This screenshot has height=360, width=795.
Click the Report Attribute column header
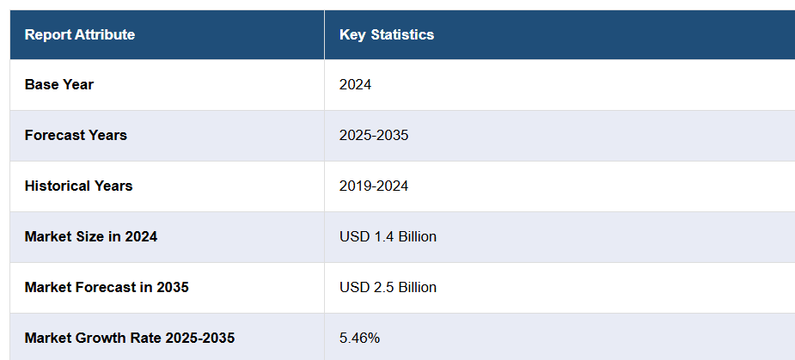pyautogui.click(x=80, y=35)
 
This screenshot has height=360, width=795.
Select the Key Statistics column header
pyautogui.click(x=387, y=35)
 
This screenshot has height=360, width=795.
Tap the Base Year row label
pyautogui.click(x=59, y=85)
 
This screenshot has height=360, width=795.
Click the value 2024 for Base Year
pyautogui.click(x=355, y=85)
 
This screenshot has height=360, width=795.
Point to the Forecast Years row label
pyautogui.click(x=76, y=136)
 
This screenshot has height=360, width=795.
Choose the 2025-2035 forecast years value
pyautogui.click(x=374, y=136)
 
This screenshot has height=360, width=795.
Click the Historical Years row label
pyautogui.click(x=78, y=186)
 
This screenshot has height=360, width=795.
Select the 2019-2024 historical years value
pyautogui.click(x=374, y=186)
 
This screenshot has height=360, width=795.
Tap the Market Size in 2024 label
pyautogui.click(x=91, y=237)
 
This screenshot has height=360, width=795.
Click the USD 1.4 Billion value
pyautogui.click(x=388, y=237)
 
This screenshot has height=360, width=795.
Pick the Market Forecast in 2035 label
pyautogui.click(x=107, y=288)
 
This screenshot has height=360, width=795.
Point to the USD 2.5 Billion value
pyautogui.click(x=388, y=288)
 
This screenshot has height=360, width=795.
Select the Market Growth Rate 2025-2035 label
pyautogui.click(x=130, y=339)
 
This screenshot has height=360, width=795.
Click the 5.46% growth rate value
pyautogui.click(x=359, y=339)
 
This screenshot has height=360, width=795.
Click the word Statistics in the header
pyautogui.click(x=403, y=35)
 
